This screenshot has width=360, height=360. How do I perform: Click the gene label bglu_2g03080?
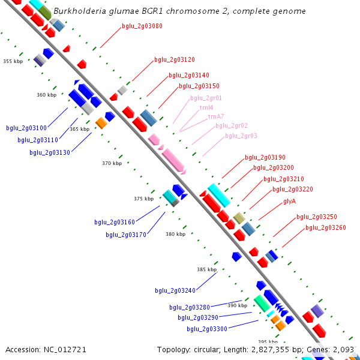pyautogui.click(x=142, y=26)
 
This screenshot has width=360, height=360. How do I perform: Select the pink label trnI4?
pyautogui.click(x=206, y=107)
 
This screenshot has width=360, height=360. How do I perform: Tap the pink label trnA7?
pyautogui.click(x=216, y=116)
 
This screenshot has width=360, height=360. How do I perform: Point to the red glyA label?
pyautogui.click(x=290, y=202)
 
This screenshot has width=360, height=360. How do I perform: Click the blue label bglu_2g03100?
pyautogui.click(x=26, y=128)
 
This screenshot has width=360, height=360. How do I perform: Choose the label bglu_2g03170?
pyautogui.click(x=126, y=235)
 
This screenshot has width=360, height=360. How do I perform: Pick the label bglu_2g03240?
pyautogui.click(x=175, y=290)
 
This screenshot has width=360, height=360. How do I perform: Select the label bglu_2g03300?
pyautogui.click(x=207, y=329)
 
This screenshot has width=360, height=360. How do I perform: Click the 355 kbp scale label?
pyautogui.click(x=13, y=61)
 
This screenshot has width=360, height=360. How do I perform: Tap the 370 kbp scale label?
pyautogui.click(x=112, y=163)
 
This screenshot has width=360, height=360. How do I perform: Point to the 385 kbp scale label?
pyautogui.click(x=206, y=269)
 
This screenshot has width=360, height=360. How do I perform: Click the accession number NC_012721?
pyautogui.click(x=65, y=350)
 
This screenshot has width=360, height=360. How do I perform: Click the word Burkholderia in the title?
pyautogui.click(x=80, y=11)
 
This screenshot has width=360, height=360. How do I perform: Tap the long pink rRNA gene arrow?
pyautogui.click(x=173, y=160)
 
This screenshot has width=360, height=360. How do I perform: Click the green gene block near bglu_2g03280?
pyautogui.click(x=262, y=303)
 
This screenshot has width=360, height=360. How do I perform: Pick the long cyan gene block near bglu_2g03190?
pyautogui.click(x=219, y=195)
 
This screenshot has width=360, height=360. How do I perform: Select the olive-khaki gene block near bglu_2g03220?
pyautogui.click(x=239, y=218)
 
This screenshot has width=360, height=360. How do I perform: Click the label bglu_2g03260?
pyautogui.click(x=326, y=228)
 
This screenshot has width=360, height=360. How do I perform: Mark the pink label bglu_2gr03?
pyautogui.click(x=241, y=136)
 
